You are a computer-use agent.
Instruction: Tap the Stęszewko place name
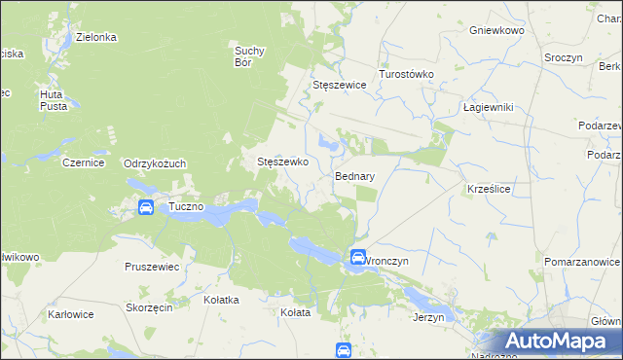click(x=282, y=162)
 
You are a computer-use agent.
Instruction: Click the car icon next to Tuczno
click(x=145, y=207)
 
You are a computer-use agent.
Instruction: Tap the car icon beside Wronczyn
click(x=357, y=258)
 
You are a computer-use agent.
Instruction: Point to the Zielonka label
click(x=97, y=37)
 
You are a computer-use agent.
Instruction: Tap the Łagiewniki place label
click(x=488, y=107)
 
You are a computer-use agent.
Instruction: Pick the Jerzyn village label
click(x=428, y=317)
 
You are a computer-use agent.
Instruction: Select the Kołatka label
click(x=221, y=300)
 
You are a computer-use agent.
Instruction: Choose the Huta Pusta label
click(x=53, y=99)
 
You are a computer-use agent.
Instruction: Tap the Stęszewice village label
click(x=339, y=86)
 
